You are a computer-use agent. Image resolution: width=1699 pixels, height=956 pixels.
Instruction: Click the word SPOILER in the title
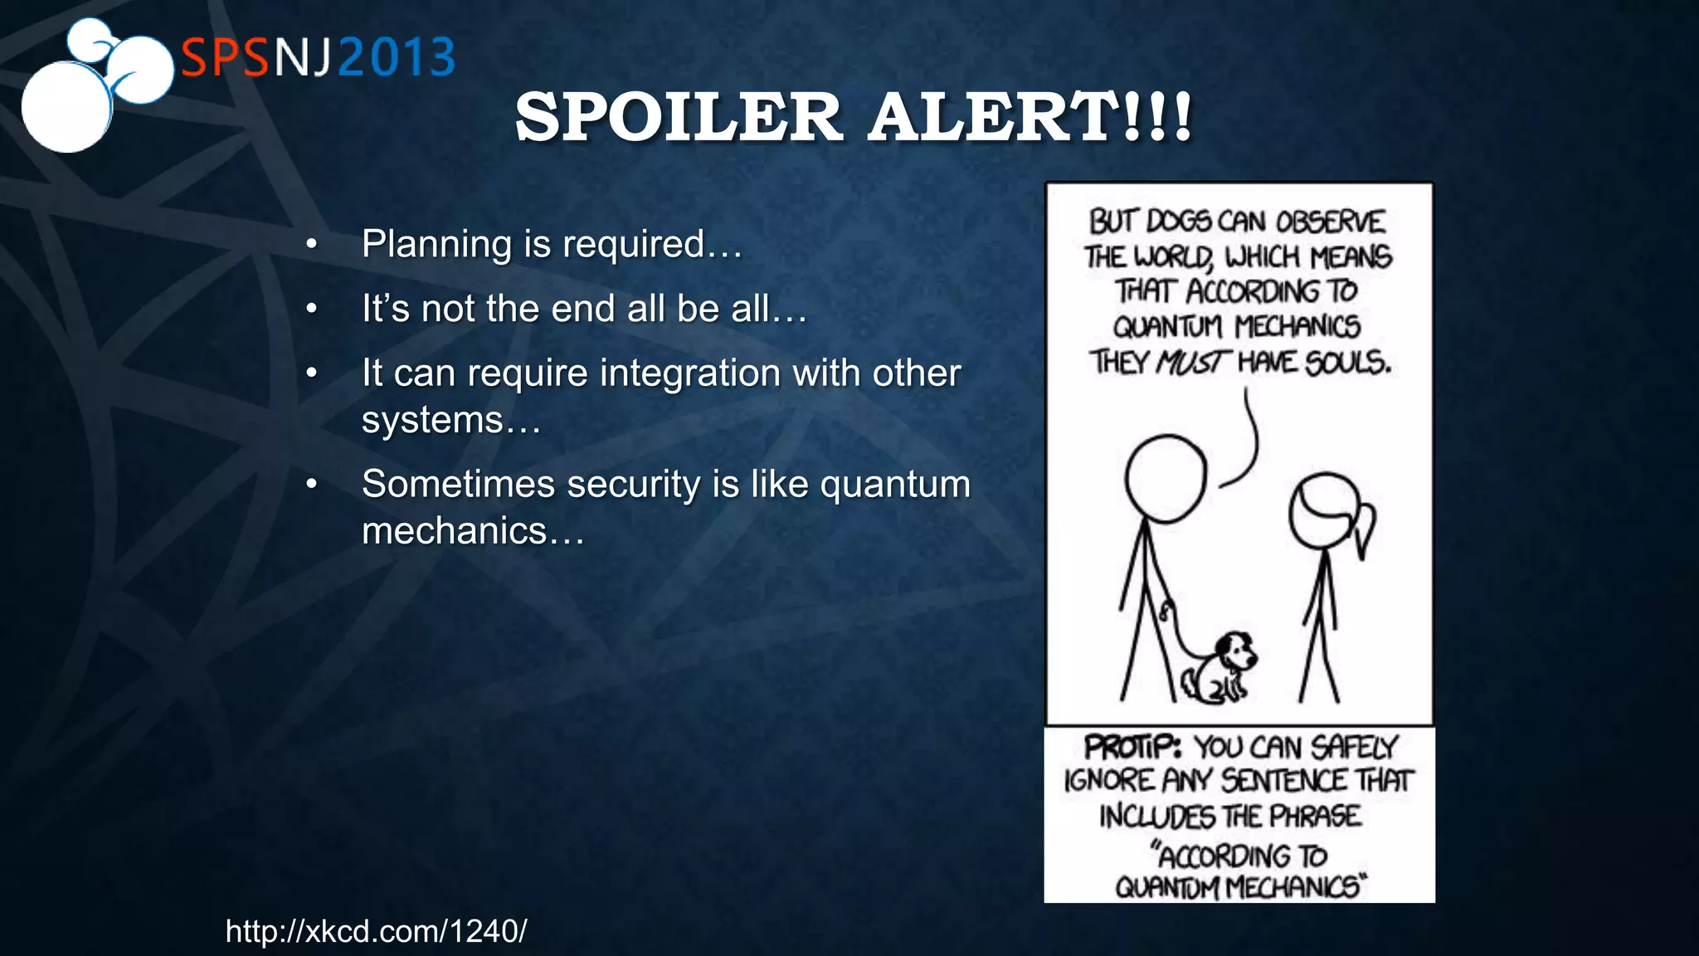pyautogui.click(x=679, y=117)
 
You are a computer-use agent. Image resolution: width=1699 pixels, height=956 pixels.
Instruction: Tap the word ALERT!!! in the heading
pyautogui.click(x=1030, y=117)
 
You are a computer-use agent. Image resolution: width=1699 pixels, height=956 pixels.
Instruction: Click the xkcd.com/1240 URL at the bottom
pyautogui.click(x=376, y=931)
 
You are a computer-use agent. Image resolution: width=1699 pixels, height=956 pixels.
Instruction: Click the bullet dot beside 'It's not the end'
pyautogui.click(x=311, y=309)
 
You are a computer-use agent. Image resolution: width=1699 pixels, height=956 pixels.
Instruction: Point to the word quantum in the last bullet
pyautogui.click(x=894, y=484)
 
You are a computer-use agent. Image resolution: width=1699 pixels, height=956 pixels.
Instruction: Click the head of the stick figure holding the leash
pyautogui.click(x=1166, y=479)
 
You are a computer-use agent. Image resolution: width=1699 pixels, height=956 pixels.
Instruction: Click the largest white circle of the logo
pyautogui.click(x=66, y=106)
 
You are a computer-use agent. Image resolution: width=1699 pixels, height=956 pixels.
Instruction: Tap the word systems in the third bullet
pyautogui.click(x=432, y=420)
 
